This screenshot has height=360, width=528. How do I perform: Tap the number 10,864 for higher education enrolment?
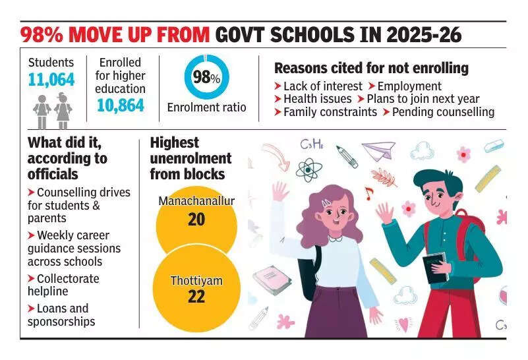coord(120,105)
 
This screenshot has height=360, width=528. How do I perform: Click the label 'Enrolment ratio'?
coord(206,107)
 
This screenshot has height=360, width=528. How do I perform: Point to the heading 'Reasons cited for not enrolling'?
coord(371,68)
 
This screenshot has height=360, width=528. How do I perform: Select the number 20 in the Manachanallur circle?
coord(196,220)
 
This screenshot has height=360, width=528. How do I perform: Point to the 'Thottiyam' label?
coord(196,281)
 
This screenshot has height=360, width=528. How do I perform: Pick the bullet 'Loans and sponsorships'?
coord(61,315)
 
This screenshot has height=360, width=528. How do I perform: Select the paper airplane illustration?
coord(378,150)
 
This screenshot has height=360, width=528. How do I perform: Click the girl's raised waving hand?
coord(279,192)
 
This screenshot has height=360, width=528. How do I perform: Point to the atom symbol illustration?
coord(308,169)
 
